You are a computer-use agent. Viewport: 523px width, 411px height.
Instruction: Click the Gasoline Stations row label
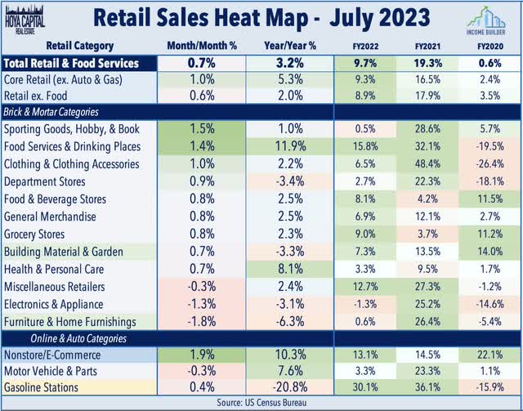[48, 386]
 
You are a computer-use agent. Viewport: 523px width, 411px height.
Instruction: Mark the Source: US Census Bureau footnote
[261, 403]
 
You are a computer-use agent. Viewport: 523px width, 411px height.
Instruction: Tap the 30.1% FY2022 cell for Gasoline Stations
[365, 386]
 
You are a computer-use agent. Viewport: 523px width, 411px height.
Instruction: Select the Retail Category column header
[81, 47]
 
